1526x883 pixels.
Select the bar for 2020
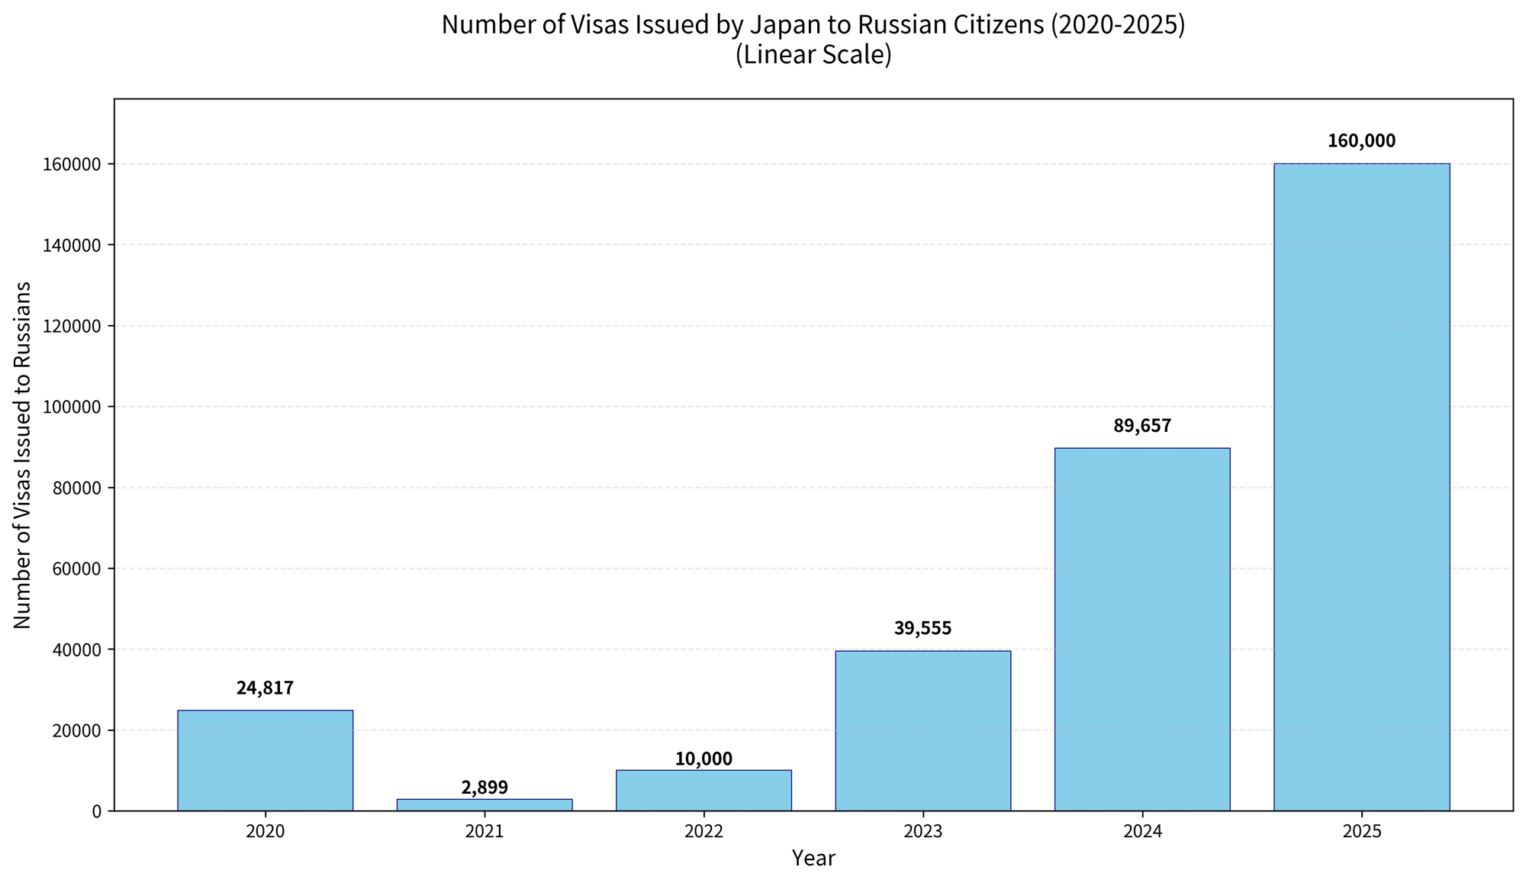pyautogui.click(x=265, y=760)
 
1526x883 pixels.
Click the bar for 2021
pyautogui.click(x=485, y=804)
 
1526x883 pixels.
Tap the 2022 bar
pyautogui.click(x=703, y=790)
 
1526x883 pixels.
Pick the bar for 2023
pyautogui.click(x=922, y=730)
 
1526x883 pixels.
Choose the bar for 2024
pyautogui.click(x=1142, y=629)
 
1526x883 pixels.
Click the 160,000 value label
pyautogui.click(x=1361, y=141)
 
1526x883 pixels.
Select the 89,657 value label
pyautogui.click(x=1142, y=426)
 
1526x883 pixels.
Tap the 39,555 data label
pyautogui.click(x=922, y=629)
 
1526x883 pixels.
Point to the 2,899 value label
pyautogui.click(x=485, y=788)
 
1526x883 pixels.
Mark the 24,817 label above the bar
pyautogui.click(x=265, y=688)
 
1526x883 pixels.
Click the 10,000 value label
pyautogui.click(x=703, y=759)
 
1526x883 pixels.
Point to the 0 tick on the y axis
pyautogui.click(x=97, y=811)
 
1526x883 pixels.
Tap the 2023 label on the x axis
pyautogui.click(x=922, y=831)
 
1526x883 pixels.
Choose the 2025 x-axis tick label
pyautogui.click(x=1361, y=831)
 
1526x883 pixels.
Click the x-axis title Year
pyautogui.click(x=813, y=859)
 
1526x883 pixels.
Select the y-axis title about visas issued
pyautogui.click(x=23, y=455)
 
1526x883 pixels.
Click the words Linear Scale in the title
pyautogui.click(x=813, y=56)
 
